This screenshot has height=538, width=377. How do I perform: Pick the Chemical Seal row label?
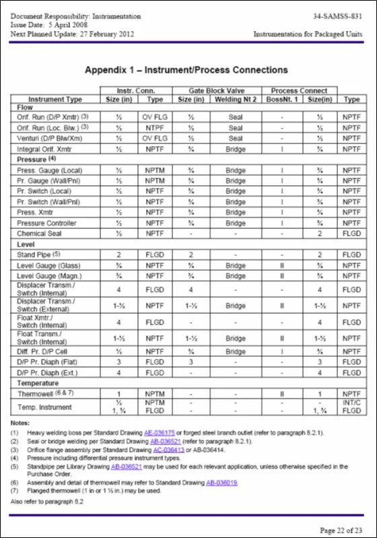40,234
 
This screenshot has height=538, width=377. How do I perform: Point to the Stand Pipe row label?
39,255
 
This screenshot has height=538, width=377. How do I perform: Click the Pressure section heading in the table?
35,159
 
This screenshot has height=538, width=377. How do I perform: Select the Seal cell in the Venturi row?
235,139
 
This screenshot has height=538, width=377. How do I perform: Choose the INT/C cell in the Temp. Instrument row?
351,402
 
